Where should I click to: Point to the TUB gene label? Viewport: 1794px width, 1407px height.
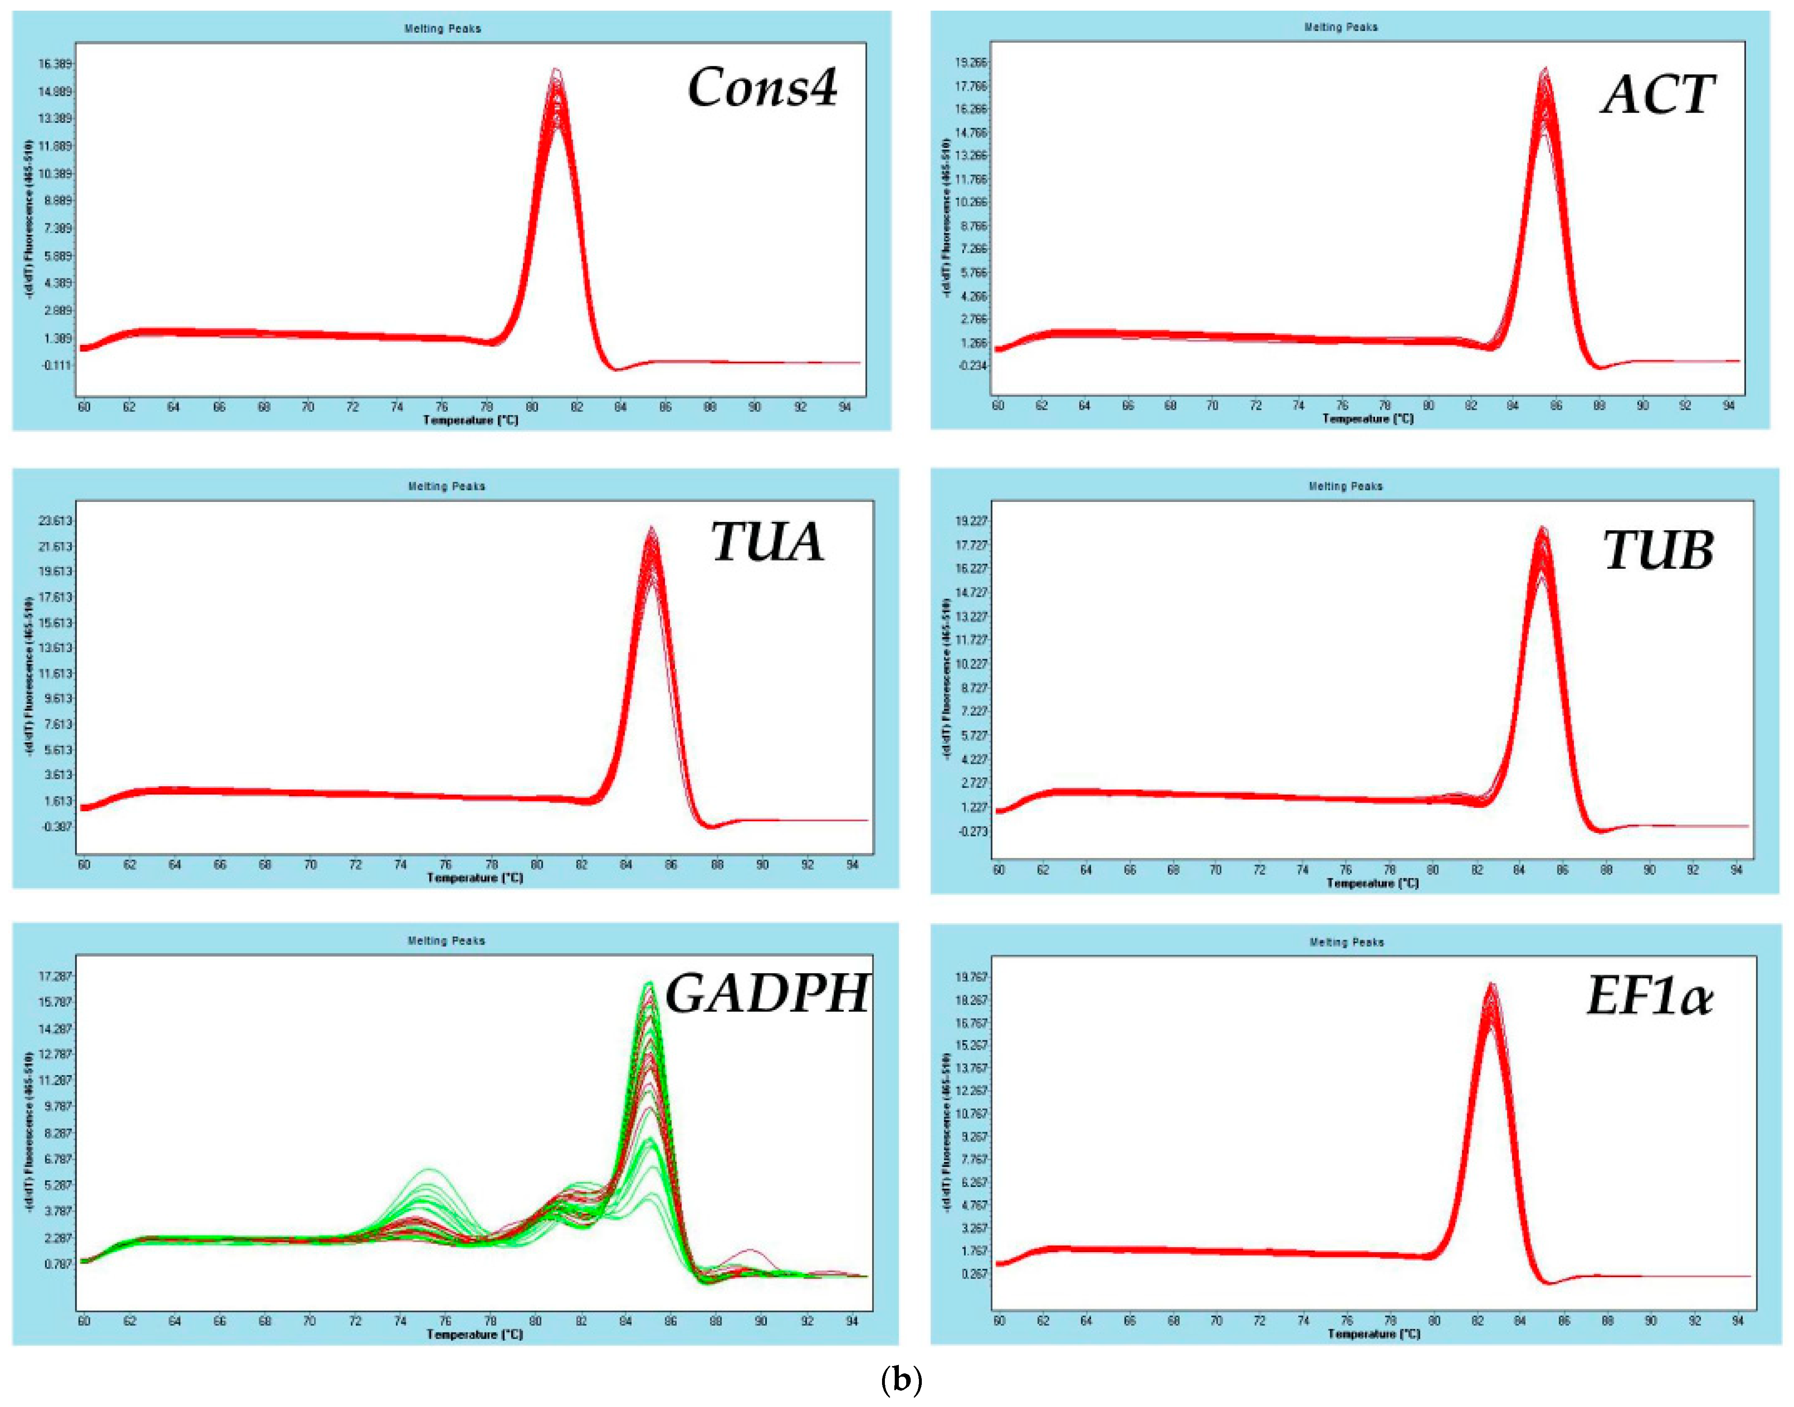pyautogui.click(x=1658, y=550)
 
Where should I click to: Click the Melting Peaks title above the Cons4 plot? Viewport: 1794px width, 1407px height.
pyautogui.click(x=443, y=29)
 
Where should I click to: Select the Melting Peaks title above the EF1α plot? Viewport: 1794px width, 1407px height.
pyautogui.click(x=1346, y=942)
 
